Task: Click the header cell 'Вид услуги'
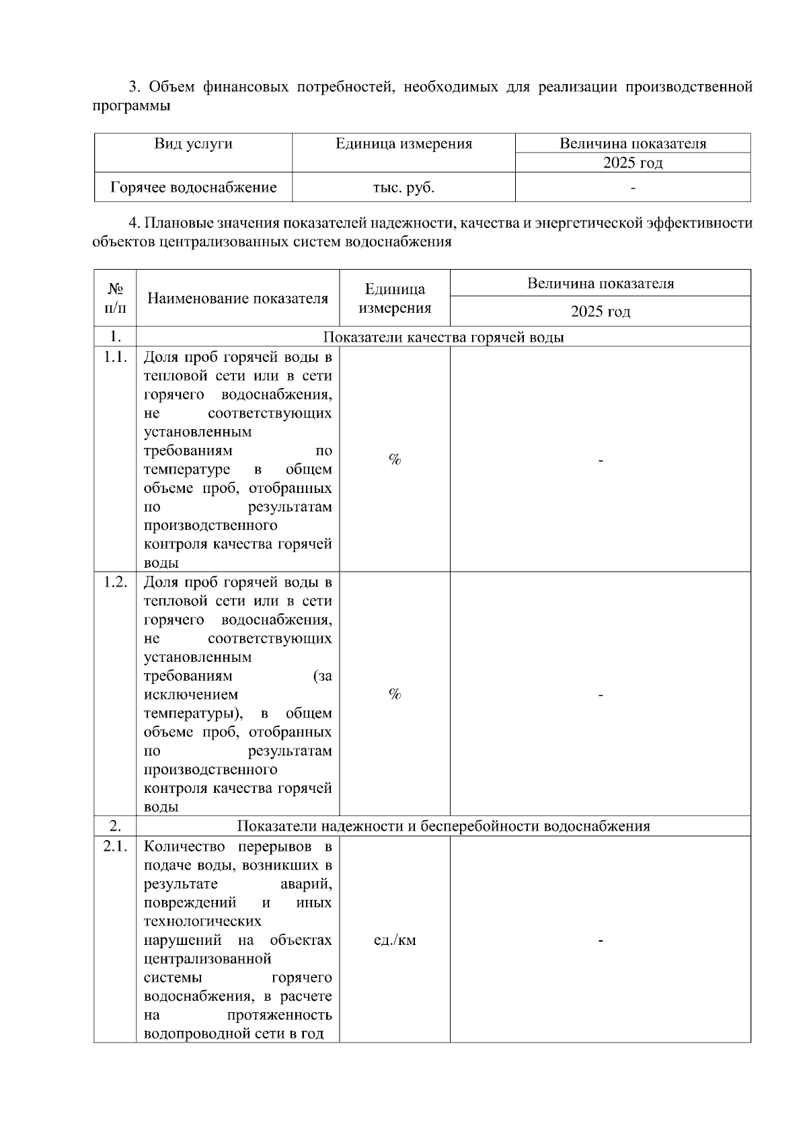(x=193, y=144)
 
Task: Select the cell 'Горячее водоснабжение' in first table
(x=193, y=188)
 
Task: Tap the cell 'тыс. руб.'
(x=403, y=188)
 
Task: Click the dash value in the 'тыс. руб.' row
(x=632, y=188)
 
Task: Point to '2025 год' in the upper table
(x=632, y=163)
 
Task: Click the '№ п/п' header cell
(x=115, y=298)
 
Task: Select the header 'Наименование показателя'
(x=237, y=299)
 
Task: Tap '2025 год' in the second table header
(x=600, y=311)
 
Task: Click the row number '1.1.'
(x=115, y=357)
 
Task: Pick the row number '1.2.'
(x=115, y=582)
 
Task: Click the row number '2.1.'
(x=115, y=847)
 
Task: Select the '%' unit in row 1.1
(x=395, y=459)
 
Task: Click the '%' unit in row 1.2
(x=395, y=694)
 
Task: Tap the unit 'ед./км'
(x=395, y=940)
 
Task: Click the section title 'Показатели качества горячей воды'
(x=443, y=337)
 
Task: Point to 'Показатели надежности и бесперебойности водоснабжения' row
(x=443, y=826)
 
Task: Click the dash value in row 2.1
(x=600, y=940)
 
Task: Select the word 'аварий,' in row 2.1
(x=305, y=884)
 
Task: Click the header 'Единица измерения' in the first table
(x=403, y=144)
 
